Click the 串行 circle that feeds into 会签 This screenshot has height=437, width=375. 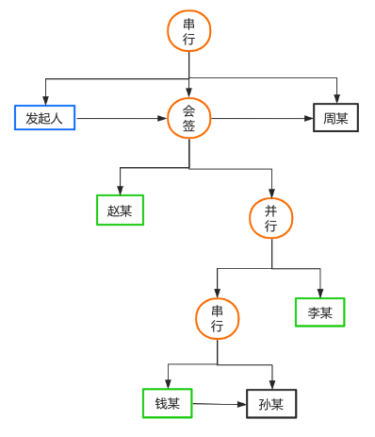tap(188, 30)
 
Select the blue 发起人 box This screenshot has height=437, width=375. tap(44, 118)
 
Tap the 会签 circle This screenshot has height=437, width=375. tap(188, 118)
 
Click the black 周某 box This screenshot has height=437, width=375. tap(335, 118)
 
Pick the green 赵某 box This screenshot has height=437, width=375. tap(120, 210)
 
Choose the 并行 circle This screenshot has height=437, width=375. tap(271, 218)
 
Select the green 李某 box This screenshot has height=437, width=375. tap(319, 312)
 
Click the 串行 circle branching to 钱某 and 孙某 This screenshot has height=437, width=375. tap(217, 318)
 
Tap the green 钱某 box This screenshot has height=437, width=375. tap(167, 404)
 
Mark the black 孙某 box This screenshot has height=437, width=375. tap(271, 404)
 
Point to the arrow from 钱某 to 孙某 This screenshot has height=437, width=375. tap(219, 404)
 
